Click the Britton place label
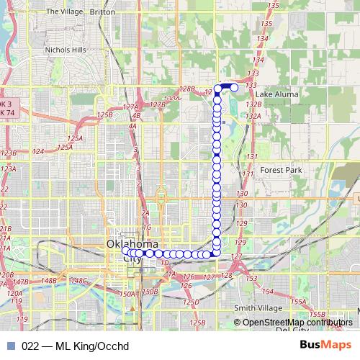[102, 12]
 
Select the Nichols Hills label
[66, 50]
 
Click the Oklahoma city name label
[132, 245]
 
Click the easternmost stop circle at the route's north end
[234, 87]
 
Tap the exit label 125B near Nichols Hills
[105, 115]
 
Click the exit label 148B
[48, 280]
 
